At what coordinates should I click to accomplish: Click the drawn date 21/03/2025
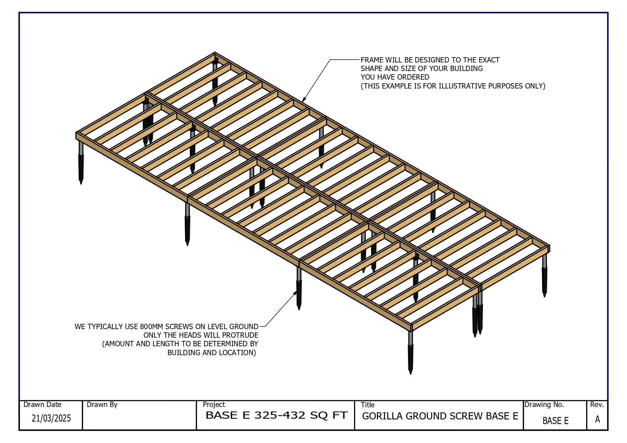(x=51, y=418)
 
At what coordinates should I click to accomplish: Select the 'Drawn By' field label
(x=102, y=404)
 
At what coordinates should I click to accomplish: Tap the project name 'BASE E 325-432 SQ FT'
(x=277, y=416)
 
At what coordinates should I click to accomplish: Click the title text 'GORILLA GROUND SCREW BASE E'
(x=440, y=416)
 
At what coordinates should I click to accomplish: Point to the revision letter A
(x=597, y=419)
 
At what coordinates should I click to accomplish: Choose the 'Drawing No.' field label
(x=544, y=404)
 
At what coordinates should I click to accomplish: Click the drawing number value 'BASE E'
(x=556, y=421)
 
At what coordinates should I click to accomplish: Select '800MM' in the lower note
(x=151, y=327)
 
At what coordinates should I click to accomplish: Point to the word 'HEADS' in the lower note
(x=193, y=335)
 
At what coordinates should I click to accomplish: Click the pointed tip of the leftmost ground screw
(x=81, y=183)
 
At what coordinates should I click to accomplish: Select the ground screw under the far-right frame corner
(x=544, y=275)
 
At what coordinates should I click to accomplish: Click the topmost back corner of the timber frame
(x=215, y=52)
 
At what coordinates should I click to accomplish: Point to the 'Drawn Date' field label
(x=43, y=404)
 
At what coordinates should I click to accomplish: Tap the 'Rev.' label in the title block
(x=597, y=404)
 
